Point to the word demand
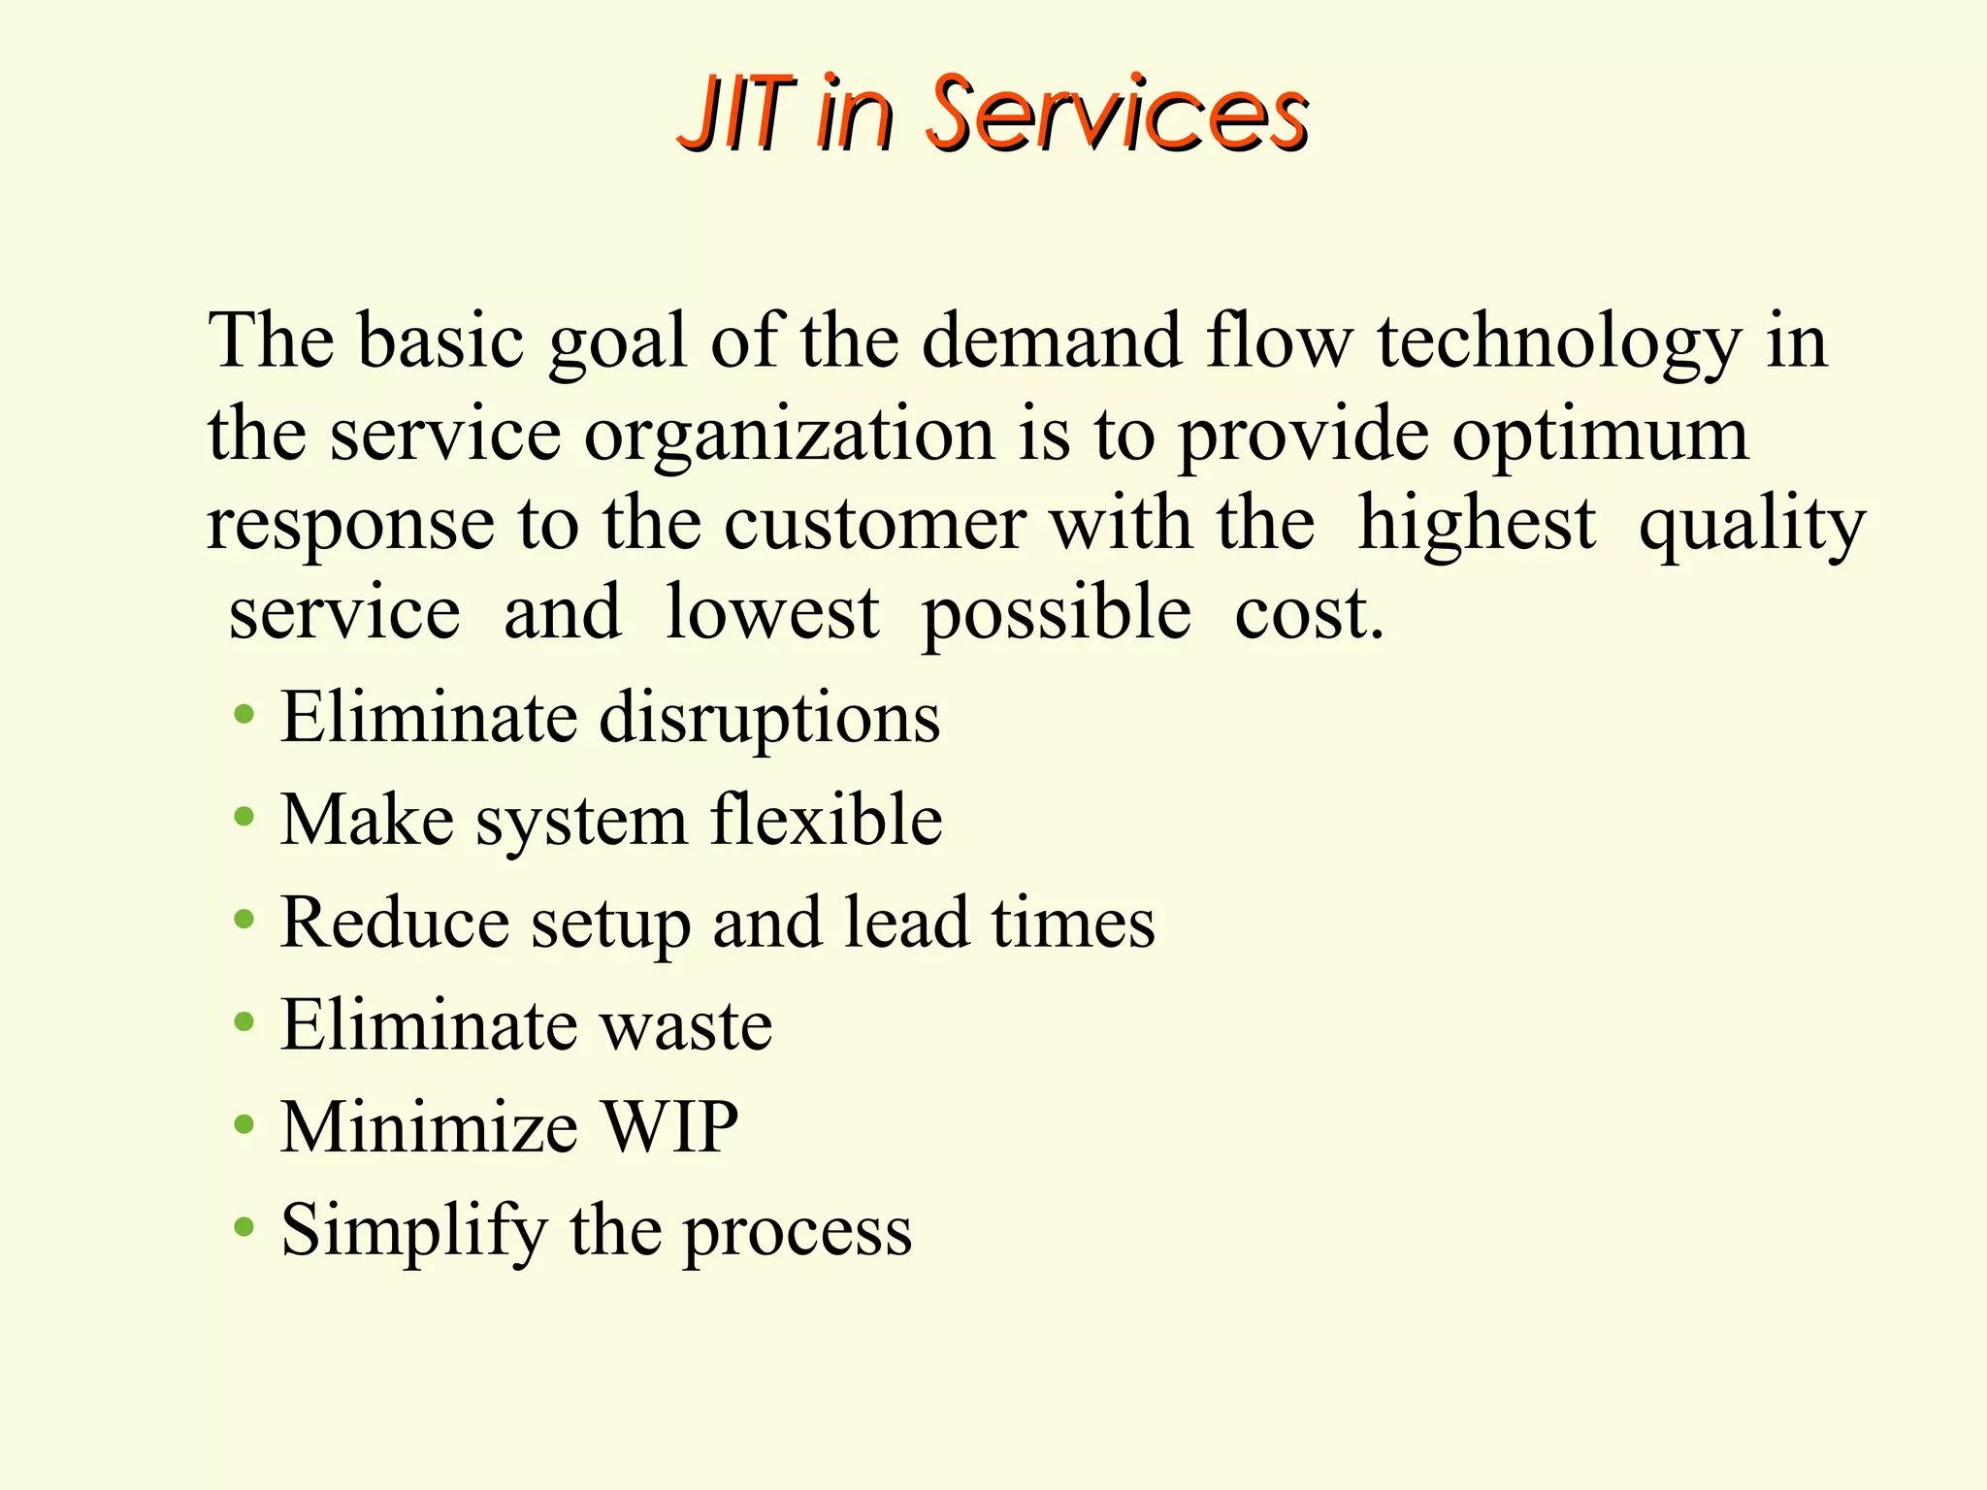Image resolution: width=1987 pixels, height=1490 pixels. click(x=1051, y=341)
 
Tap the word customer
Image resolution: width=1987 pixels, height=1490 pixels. click(x=874, y=525)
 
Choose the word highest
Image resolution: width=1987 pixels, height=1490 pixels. click(x=1476, y=525)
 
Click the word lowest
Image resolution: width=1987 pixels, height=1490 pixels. click(x=772, y=613)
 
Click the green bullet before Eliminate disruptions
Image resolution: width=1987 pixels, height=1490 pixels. click(x=244, y=716)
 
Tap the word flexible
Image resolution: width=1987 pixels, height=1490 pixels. click(x=826, y=820)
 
